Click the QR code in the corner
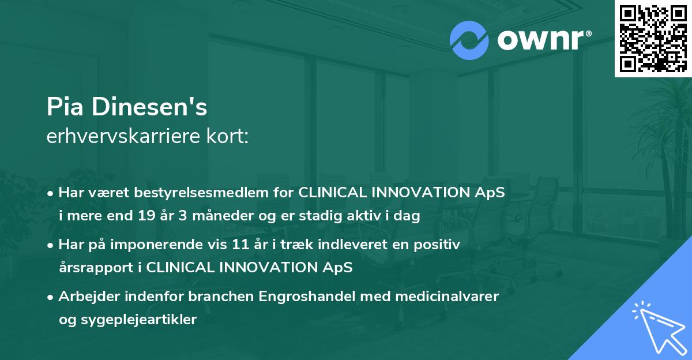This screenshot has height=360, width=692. click(653, 38)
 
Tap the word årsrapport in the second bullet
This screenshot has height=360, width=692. click(93, 268)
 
